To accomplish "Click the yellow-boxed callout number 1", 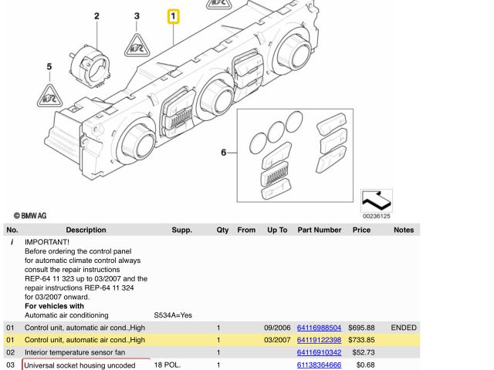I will click(174, 16).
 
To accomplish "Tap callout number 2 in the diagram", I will click(96, 16).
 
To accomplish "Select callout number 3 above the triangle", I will click(137, 16).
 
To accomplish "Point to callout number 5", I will click(49, 67).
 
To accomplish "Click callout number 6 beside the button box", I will click(224, 153).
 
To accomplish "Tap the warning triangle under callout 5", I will click(49, 95).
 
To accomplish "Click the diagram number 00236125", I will click(377, 217).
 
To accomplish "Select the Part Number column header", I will click(319, 230).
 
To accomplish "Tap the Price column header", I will click(361, 230).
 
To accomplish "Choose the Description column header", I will click(86, 230).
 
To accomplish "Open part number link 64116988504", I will click(319, 328).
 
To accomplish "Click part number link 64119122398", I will click(319, 340).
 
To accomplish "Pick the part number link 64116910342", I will click(319, 352).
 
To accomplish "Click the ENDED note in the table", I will click(404, 328).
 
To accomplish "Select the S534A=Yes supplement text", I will click(173, 315).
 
